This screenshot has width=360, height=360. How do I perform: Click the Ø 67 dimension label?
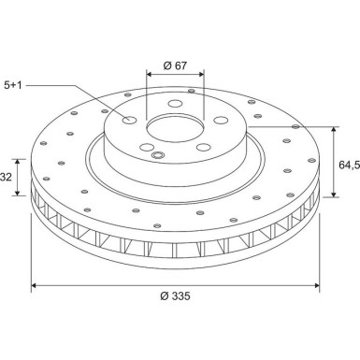175,65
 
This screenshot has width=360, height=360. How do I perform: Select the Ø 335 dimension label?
175,295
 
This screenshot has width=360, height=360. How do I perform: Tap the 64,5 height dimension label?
349,165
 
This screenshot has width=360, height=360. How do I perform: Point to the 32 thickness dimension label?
7,177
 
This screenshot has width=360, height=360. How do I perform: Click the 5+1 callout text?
13,85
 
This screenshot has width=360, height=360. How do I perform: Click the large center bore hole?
176,129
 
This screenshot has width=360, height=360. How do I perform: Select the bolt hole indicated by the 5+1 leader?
129,120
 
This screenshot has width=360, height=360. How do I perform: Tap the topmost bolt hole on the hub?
175,103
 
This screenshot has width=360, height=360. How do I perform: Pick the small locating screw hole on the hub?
158,155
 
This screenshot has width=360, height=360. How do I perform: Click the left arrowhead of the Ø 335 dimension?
35,285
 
